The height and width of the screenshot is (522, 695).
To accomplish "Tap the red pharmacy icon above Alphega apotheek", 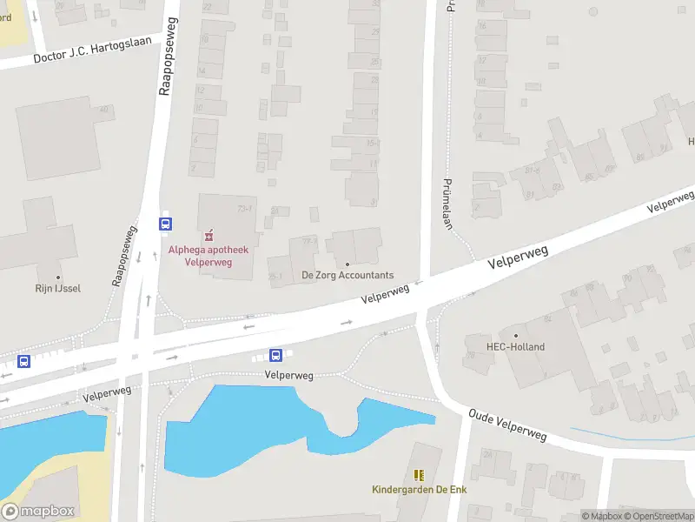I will click(x=208, y=236).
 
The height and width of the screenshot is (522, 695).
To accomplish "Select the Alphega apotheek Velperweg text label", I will click(x=208, y=256).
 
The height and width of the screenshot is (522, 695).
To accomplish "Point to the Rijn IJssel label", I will click(x=58, y=288).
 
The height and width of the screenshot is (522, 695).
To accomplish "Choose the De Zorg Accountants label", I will click(x=347, y=275).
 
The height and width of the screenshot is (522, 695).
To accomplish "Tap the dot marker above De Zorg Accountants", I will click(x=347, y=264).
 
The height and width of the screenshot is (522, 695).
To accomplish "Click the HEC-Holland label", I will click(x=516, y=346).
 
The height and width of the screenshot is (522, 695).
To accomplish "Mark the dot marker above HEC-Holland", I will click(x=516, y=335).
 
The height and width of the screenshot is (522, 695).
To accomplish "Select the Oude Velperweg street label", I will click(x=508, y=423).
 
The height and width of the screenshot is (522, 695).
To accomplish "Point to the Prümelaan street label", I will click(x=449, y=204).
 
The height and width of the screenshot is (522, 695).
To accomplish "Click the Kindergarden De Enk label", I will click(x=418, y=489).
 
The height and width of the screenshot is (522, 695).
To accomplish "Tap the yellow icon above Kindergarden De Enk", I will click(x=419, y=475).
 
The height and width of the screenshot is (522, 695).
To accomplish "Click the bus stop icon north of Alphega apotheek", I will click(x=165, y=224).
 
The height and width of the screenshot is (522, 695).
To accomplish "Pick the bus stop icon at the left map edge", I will click(x=23, y=362).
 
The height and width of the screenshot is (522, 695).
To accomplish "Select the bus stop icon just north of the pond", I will click(x=275, y=355).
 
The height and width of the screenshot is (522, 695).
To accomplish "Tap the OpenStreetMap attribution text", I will click(x=661, y=517).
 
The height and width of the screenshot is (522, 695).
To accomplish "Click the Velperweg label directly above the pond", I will click(x=288, y=375).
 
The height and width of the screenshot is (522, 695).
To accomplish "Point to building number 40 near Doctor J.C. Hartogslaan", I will click(x=103, y=109).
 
